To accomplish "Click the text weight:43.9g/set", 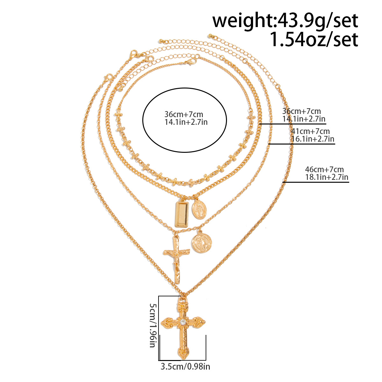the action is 285,21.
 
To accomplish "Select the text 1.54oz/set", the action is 314,40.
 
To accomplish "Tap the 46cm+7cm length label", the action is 324,169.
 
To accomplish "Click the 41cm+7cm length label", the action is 310,131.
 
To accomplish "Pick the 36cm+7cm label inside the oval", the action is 184,114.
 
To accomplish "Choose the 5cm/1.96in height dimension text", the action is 153,325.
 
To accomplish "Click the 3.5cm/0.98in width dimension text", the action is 185,367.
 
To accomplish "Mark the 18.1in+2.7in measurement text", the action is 327,177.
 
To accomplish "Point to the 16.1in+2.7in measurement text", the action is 313,139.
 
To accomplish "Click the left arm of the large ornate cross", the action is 167,323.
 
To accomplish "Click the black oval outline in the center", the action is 143,121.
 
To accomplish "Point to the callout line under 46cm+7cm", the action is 315,182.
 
